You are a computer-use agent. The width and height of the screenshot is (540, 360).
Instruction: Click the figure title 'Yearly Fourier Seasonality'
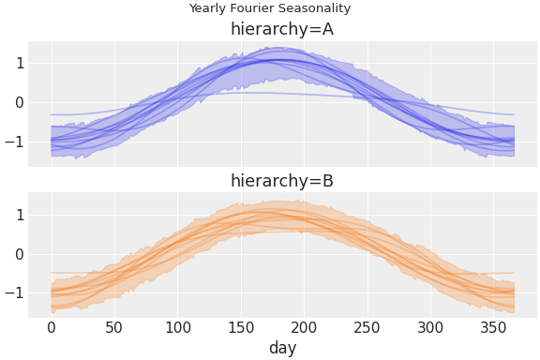click(270, 8)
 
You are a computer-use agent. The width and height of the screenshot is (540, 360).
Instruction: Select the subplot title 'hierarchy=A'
click(282, 29)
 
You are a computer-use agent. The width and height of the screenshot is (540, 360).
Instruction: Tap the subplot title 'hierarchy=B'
click(282, 181)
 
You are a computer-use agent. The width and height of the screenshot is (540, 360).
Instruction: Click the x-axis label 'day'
click(282, 348)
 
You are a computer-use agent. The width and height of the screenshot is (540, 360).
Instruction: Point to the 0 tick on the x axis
click(52, 327)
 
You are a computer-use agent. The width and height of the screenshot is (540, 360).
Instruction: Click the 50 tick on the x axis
click(114, 327)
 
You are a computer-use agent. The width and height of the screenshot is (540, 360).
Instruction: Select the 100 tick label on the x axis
click(178, 327)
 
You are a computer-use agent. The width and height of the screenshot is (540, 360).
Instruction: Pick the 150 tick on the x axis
click(241, 327)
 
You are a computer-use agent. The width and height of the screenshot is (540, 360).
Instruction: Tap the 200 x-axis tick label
click(305, 327)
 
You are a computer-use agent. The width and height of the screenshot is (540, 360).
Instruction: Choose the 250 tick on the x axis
click(367, 327)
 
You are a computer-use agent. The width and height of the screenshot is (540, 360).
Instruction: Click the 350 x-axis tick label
click(494, 327)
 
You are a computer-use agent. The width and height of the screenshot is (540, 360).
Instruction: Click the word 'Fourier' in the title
click(252, 8)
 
